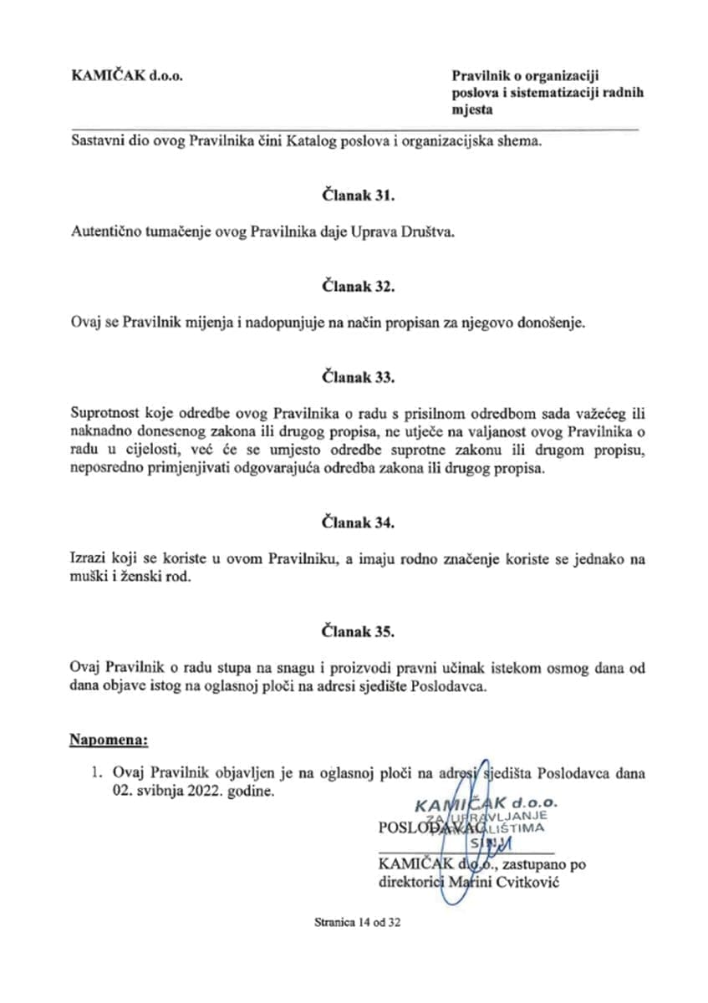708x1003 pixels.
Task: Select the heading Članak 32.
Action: pos(358,288)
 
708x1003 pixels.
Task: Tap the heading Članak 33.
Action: pos(358,378)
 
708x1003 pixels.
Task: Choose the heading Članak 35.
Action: pos(358,631)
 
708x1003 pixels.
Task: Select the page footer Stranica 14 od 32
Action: pos(359,924)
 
